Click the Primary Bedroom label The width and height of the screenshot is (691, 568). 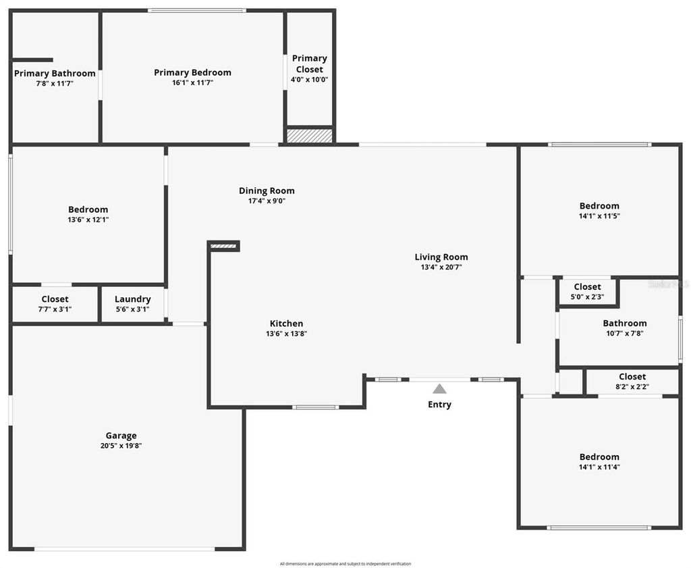point(192,73)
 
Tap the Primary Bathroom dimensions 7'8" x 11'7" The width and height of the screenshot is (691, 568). point(55,84)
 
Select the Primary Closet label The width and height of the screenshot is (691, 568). point(309,63)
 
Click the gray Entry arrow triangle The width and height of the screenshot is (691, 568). point(439,388)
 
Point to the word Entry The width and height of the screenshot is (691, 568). point(439,405)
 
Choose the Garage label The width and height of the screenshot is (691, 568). point(121,436)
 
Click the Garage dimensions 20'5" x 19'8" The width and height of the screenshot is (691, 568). point(121,446)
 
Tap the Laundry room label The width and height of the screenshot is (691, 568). point(132,299)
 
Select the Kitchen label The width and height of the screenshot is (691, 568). point(286,324)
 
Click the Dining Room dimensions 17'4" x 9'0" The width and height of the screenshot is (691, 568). point(267,201)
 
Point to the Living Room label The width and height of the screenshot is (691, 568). point(441,257)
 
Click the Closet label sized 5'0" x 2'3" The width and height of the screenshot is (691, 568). point(587,287)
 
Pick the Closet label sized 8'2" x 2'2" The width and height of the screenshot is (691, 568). point(632,377)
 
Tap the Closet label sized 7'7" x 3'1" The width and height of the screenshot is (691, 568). point(55,299)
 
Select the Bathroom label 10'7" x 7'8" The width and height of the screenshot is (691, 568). point(624,324)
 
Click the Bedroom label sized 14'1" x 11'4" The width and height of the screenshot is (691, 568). point(599,457)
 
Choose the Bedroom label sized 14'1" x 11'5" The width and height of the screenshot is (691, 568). point(599,206)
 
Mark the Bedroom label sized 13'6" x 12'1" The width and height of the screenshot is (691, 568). point(88,209)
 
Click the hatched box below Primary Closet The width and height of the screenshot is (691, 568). point(309,136)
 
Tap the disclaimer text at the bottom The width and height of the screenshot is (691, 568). point(345,564)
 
